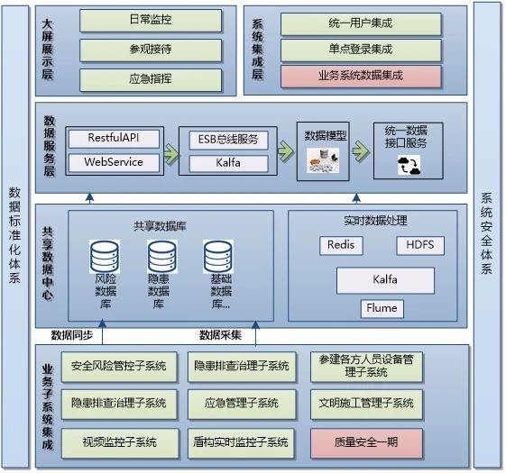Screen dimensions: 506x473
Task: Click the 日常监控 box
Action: (151, 21)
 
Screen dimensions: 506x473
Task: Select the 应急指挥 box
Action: (151, 79)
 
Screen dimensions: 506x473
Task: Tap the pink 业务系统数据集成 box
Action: (361, 77)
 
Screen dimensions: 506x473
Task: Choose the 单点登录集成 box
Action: (361, 50)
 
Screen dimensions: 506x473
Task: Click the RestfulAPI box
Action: (114, 139)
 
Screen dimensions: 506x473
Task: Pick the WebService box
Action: (114, 162)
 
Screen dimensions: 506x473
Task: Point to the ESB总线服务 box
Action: (228, 141)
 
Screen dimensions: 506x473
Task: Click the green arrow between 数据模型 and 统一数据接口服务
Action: (361, 150)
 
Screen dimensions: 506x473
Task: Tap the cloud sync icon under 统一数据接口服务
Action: (409, 165)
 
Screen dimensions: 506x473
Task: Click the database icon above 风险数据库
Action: (105, 257)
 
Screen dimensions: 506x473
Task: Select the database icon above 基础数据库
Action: (218, 257)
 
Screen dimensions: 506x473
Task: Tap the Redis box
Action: (341, 246)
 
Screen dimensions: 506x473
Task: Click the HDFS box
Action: (420, 246)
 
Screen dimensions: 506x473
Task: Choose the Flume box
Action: (382, 309)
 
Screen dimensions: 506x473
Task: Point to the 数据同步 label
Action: (72, 336)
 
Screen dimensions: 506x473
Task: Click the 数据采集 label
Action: (220, 336)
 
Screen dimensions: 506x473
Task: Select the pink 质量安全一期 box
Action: (366, 443)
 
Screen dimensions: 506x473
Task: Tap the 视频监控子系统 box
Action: (120, 443)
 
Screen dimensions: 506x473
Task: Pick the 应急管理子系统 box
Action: (242, 405)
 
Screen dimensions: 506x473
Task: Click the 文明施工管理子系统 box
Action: (366, 405)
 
